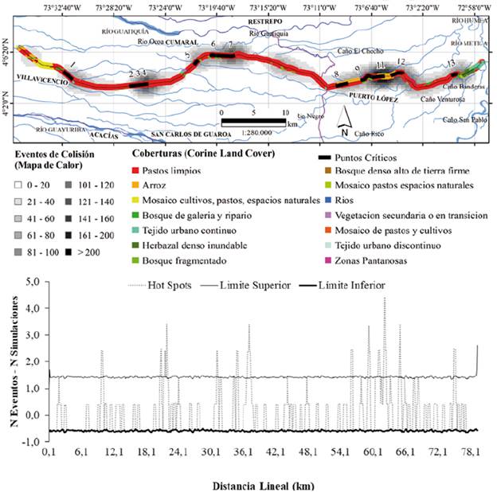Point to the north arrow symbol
coord(343,121)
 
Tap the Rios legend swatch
coord(322,200)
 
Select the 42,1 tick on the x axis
coord(276,452)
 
